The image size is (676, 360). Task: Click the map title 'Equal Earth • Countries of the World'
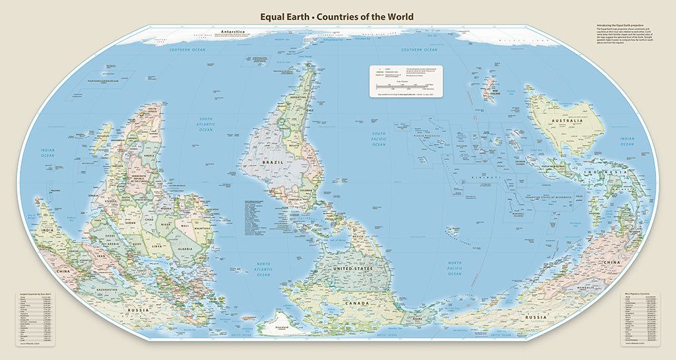(337, 17)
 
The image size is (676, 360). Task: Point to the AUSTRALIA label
(567, 121)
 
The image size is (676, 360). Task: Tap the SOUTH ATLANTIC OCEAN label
(207, 126)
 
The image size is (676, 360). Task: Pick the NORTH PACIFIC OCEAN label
(455, 268)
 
